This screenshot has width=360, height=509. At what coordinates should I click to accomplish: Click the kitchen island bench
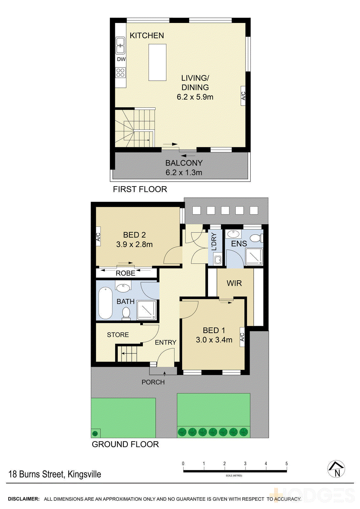157,62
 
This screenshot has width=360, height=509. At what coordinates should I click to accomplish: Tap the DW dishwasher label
121,59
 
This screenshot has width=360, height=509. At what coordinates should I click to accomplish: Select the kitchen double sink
120,45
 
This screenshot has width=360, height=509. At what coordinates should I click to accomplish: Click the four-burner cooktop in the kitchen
121,73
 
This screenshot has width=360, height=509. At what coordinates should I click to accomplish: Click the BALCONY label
184,163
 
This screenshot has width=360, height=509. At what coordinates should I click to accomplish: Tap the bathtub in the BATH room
105,303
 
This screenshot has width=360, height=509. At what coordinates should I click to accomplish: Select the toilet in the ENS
256,238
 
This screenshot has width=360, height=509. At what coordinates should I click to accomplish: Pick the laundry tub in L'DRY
218,260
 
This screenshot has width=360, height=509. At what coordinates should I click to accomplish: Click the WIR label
234,283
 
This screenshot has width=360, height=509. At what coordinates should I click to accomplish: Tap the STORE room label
118,335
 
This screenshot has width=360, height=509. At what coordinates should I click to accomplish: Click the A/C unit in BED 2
98,237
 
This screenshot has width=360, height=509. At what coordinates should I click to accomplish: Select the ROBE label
125,273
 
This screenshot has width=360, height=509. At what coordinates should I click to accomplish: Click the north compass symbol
336,469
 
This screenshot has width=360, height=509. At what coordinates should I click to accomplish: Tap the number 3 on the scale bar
245,464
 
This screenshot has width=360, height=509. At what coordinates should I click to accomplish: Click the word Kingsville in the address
84,474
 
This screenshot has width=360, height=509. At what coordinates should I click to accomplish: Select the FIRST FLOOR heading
140,189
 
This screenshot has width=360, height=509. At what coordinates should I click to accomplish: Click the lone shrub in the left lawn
95,433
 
